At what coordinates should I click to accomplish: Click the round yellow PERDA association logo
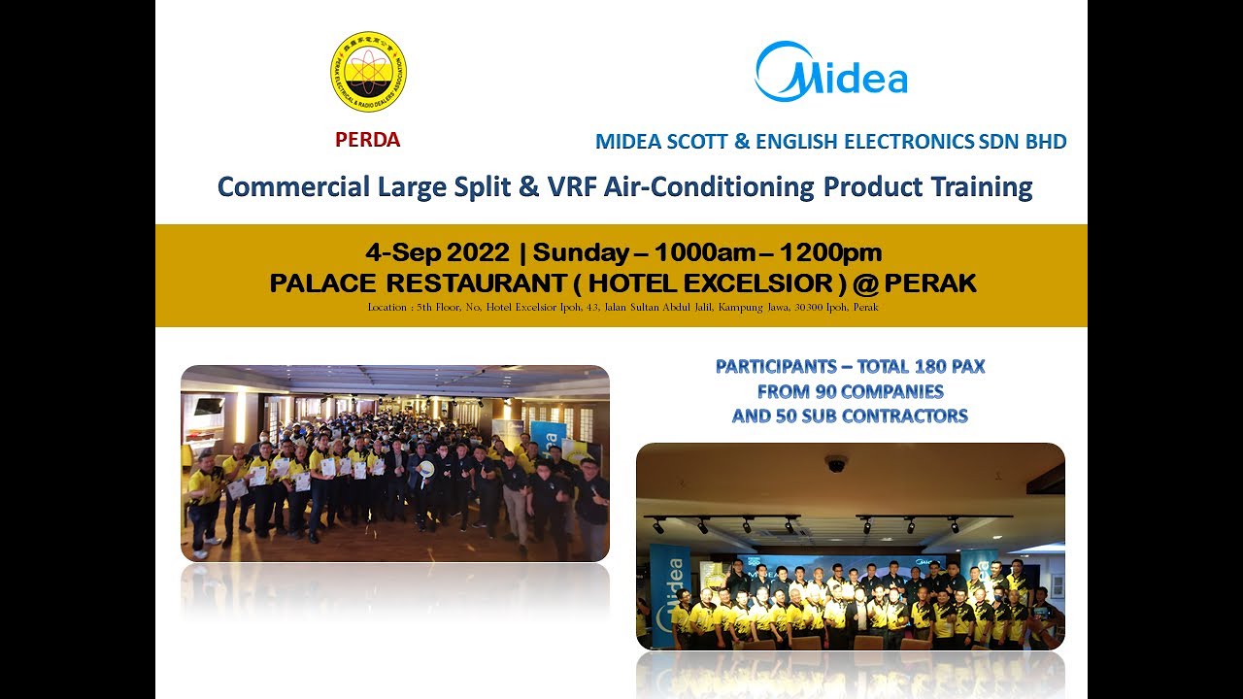pos(368,71)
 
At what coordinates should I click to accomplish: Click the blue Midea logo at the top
pos(831,72)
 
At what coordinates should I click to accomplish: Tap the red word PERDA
pos(367,140)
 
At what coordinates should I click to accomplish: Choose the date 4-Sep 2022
pos(437,252)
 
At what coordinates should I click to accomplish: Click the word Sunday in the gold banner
pos(580,252)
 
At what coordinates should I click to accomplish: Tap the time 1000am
pos(704,252)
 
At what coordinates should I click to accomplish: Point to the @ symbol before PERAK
pos(867,283)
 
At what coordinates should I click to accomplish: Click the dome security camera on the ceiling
pos(836,463)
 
